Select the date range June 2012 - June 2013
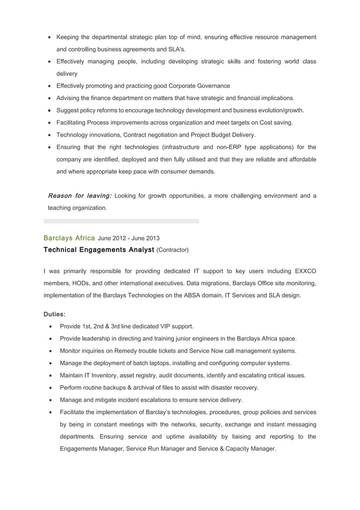pos(129,238)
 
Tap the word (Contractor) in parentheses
pos(173,250)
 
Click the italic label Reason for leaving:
pos(80,196)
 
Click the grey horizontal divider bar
pos(121,221)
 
